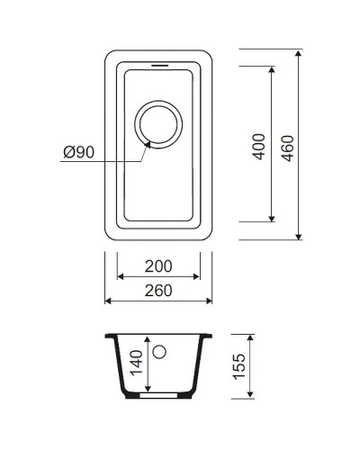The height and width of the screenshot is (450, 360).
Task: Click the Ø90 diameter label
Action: (x=79, y=153)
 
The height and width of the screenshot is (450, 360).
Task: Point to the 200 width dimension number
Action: (x=158, y=268)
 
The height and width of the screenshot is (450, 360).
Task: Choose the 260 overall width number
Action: (x=158, y=291)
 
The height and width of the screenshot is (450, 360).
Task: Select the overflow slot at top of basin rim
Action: (x=158, y=66)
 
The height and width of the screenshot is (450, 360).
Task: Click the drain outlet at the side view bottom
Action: (x=159, y=394)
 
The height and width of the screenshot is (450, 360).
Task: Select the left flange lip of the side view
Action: (x=109, y=337)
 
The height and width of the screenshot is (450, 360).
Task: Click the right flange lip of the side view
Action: (x=210, y=337)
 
